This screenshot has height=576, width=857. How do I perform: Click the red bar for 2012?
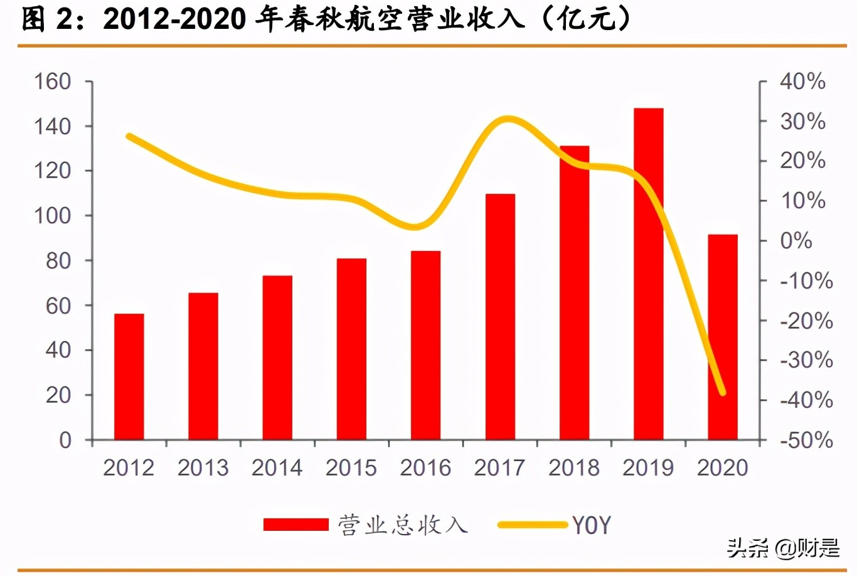point(129,376)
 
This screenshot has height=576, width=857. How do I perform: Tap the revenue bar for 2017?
point(500,317)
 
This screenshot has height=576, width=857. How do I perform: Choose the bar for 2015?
point(351,349)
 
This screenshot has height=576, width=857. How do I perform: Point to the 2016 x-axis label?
point(425,468)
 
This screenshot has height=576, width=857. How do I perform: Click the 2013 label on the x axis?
point(203,468)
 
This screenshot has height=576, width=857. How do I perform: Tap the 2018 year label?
point(574,468)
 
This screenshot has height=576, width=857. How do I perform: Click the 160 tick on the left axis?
point(52,82)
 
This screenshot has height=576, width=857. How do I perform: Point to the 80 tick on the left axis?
point(58,261)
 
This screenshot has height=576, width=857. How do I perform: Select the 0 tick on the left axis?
point(65,440)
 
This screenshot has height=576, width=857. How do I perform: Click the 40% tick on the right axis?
point(802,82)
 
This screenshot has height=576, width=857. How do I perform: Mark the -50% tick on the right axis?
point(806,440)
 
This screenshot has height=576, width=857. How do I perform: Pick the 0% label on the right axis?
point(796,241)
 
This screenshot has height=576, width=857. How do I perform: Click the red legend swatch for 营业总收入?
point(295,525)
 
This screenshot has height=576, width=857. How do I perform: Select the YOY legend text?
point(590,525)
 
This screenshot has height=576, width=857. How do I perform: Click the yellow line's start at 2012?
point(129,136)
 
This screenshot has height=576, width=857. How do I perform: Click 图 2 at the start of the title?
point(45,19)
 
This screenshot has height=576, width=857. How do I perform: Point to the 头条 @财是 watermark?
point(784,548)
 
